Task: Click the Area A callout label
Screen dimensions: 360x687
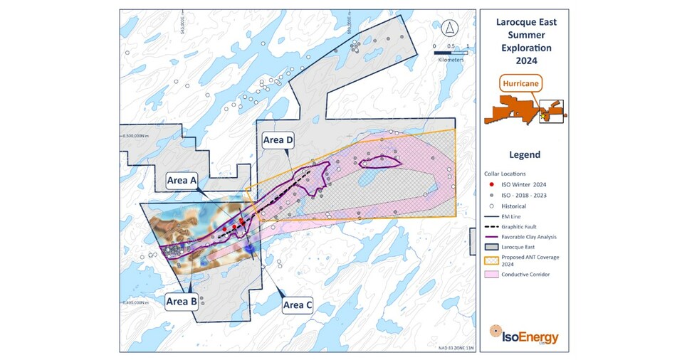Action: point(182,180)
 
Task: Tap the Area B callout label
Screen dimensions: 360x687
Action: point(182,301)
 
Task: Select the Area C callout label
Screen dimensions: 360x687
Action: point(298,305)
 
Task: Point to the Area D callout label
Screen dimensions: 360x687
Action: point(278,140)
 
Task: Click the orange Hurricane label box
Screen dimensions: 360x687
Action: point(521,83)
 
